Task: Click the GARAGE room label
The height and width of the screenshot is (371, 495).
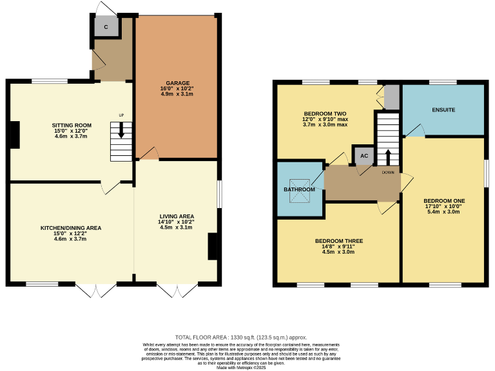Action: click(178, 83)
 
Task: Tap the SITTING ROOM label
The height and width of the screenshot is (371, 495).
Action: click(72, 125)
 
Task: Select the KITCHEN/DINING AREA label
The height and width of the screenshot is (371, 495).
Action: click(71, 227)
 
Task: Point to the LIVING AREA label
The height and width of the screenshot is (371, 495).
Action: click(177, 216)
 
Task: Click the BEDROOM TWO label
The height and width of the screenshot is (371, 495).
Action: click(325, 113)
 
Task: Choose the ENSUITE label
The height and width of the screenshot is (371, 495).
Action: click(443, 110)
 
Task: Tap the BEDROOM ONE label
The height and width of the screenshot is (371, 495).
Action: click(444, 200)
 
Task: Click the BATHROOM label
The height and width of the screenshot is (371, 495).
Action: click(299, 189)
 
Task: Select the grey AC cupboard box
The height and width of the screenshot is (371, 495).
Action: click(364, 156)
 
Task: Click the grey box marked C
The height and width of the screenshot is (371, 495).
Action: click(106, 27)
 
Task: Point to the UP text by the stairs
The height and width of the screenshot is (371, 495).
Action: click(121, 115)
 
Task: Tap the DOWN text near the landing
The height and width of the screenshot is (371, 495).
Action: click(388, 173)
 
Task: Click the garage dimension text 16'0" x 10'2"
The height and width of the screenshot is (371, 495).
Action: click(177, 89)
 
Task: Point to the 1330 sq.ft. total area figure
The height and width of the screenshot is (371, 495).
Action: click(241, 338)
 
